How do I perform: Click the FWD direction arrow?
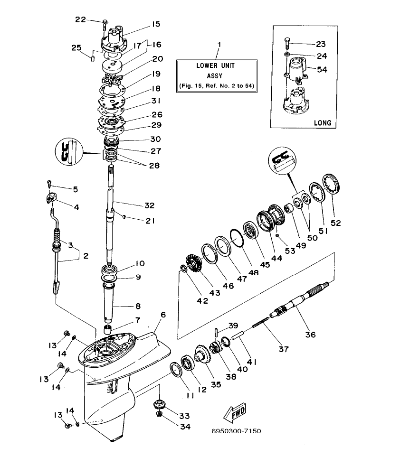tap(236, 413)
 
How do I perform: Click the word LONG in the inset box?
tap(322, 122)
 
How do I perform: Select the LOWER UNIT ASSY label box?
tap(217, 75)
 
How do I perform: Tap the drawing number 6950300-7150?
tap(237, 431)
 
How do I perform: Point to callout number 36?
tap(310, 334)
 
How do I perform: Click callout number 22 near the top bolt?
tap(81, 19)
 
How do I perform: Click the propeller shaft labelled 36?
tap(295, 304)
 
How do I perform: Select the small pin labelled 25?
tap(93, 58)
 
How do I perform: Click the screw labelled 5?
tap(48, 182)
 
